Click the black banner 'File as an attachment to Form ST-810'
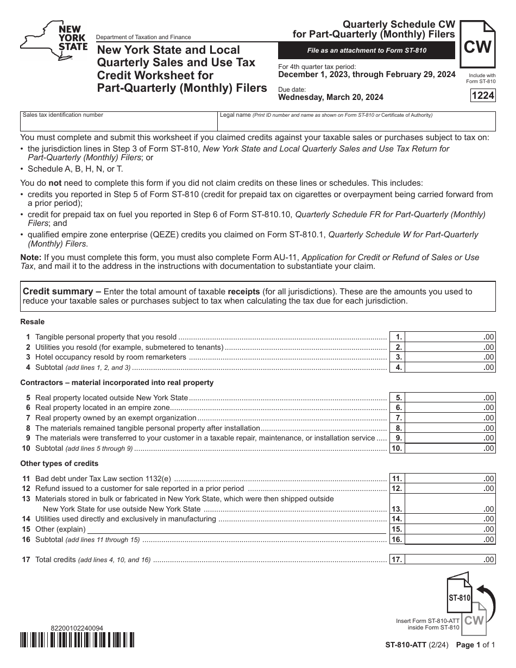[x=366, y=51]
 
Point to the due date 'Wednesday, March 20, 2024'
[x=330, y=98]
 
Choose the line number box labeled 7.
[x=398, y=418]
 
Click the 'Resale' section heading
[x=33, y=322]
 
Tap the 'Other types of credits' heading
[x=59, y=463]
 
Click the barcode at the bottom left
[x=77, y=640]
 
